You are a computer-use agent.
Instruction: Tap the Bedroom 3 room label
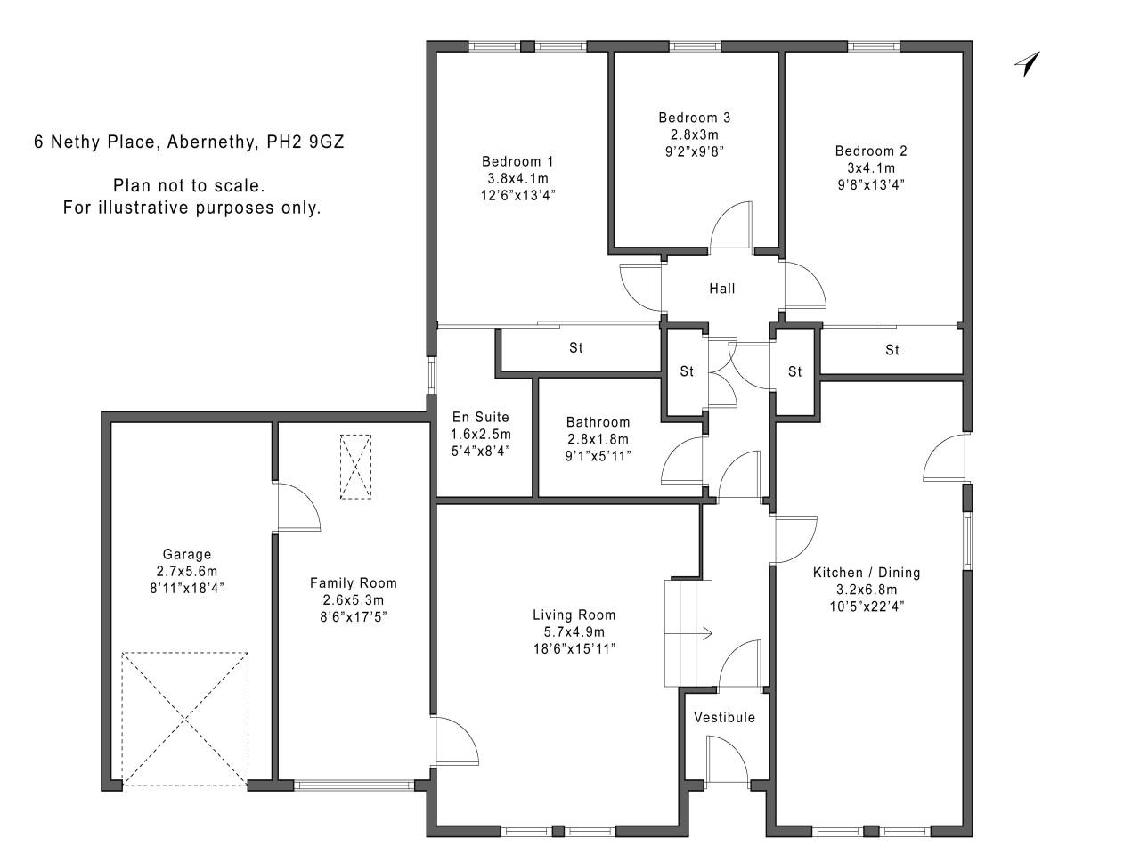coord(695,118)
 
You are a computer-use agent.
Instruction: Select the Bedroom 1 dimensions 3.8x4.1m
coord(517,179)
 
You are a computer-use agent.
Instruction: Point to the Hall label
coord(722,289)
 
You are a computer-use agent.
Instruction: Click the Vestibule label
coord(724,718)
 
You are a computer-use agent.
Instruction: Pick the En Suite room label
coord(480,417)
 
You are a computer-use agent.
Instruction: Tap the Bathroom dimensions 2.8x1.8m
coord(598,439)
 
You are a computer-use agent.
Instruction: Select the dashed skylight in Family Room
coord(355,467)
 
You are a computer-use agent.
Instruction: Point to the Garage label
coord(187,555)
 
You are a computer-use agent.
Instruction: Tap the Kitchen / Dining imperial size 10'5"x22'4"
coord(867,607)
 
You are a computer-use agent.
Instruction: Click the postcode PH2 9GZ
coord(305,142)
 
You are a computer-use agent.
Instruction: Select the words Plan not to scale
coord(189,185)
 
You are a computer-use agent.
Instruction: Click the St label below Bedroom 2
coord(892,350)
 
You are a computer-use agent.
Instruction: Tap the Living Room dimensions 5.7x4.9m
coord(574,631)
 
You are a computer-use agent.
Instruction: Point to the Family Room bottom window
coord(354,785)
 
